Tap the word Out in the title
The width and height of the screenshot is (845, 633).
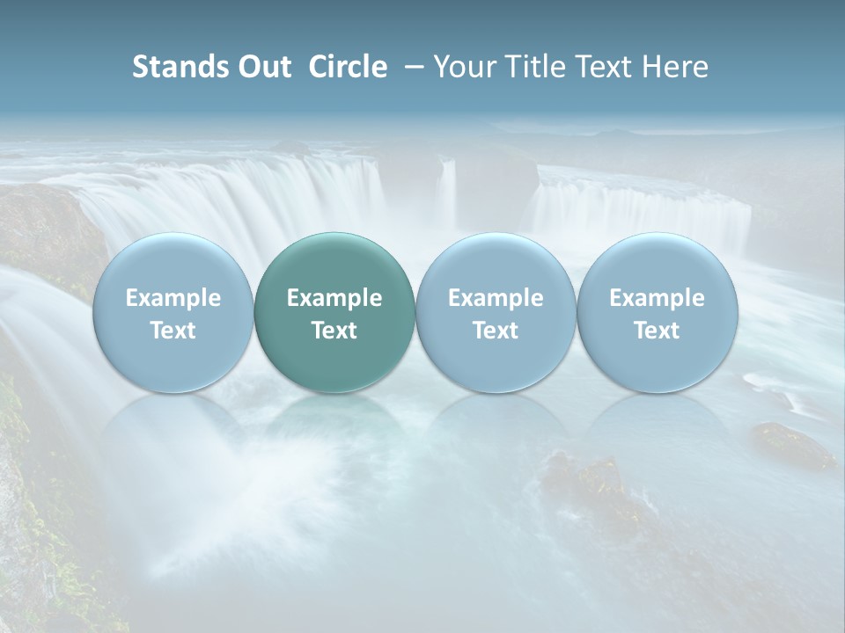click(x=262, y=67)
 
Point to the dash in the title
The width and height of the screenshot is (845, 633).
click(x=411, y=67)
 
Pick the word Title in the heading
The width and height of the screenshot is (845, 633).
click(x=529, y=67)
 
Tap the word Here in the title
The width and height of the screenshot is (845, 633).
click(x=674, y=67)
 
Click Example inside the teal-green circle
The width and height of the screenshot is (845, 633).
click(x=334, y=298)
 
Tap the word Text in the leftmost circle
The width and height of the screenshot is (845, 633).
click(x=173, y=331)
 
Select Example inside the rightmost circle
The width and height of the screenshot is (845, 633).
click(x=658, y=298)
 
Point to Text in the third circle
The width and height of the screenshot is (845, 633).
click(x=496, y=331)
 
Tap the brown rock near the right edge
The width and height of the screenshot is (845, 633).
click(x=792, y=444)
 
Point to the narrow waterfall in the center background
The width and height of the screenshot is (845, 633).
click(x=448, y=193)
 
